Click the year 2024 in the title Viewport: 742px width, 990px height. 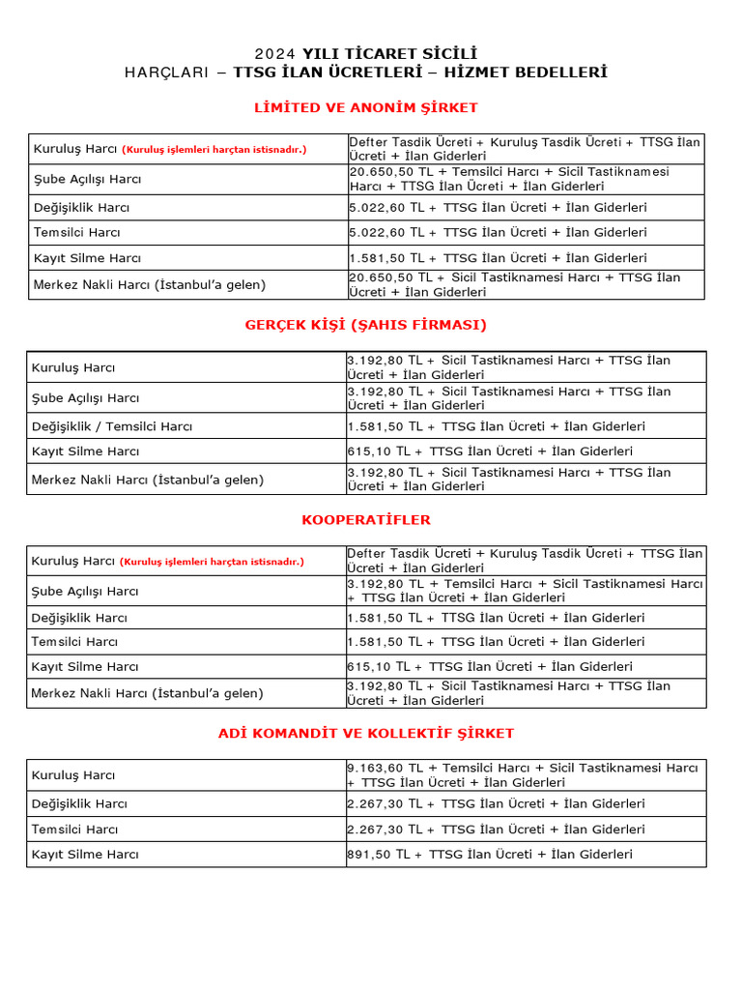(275, 53)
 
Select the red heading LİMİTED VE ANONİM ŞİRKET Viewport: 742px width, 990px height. (366, 107)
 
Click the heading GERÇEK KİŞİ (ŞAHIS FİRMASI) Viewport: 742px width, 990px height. (366, 325)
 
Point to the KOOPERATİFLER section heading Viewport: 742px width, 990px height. (366, 520)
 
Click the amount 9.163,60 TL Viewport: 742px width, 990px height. (378, 768)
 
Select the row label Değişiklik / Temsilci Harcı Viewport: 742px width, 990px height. (112, 426)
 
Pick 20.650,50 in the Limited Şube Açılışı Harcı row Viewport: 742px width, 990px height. (383, 171)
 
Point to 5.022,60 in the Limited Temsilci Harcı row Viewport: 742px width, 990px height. (379, 232)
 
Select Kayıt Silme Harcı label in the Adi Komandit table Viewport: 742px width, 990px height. (85, 854)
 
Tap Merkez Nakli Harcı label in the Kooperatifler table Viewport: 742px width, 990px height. (147, 693)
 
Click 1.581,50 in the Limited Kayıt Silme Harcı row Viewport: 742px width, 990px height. (379, 258)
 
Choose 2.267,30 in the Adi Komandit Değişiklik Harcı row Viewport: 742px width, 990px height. (378, 803)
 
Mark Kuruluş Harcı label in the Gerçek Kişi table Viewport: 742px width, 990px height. (73, 367)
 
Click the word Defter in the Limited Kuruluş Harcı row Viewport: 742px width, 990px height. (367, 142)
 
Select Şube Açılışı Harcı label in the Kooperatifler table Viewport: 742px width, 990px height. (85, 591)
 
